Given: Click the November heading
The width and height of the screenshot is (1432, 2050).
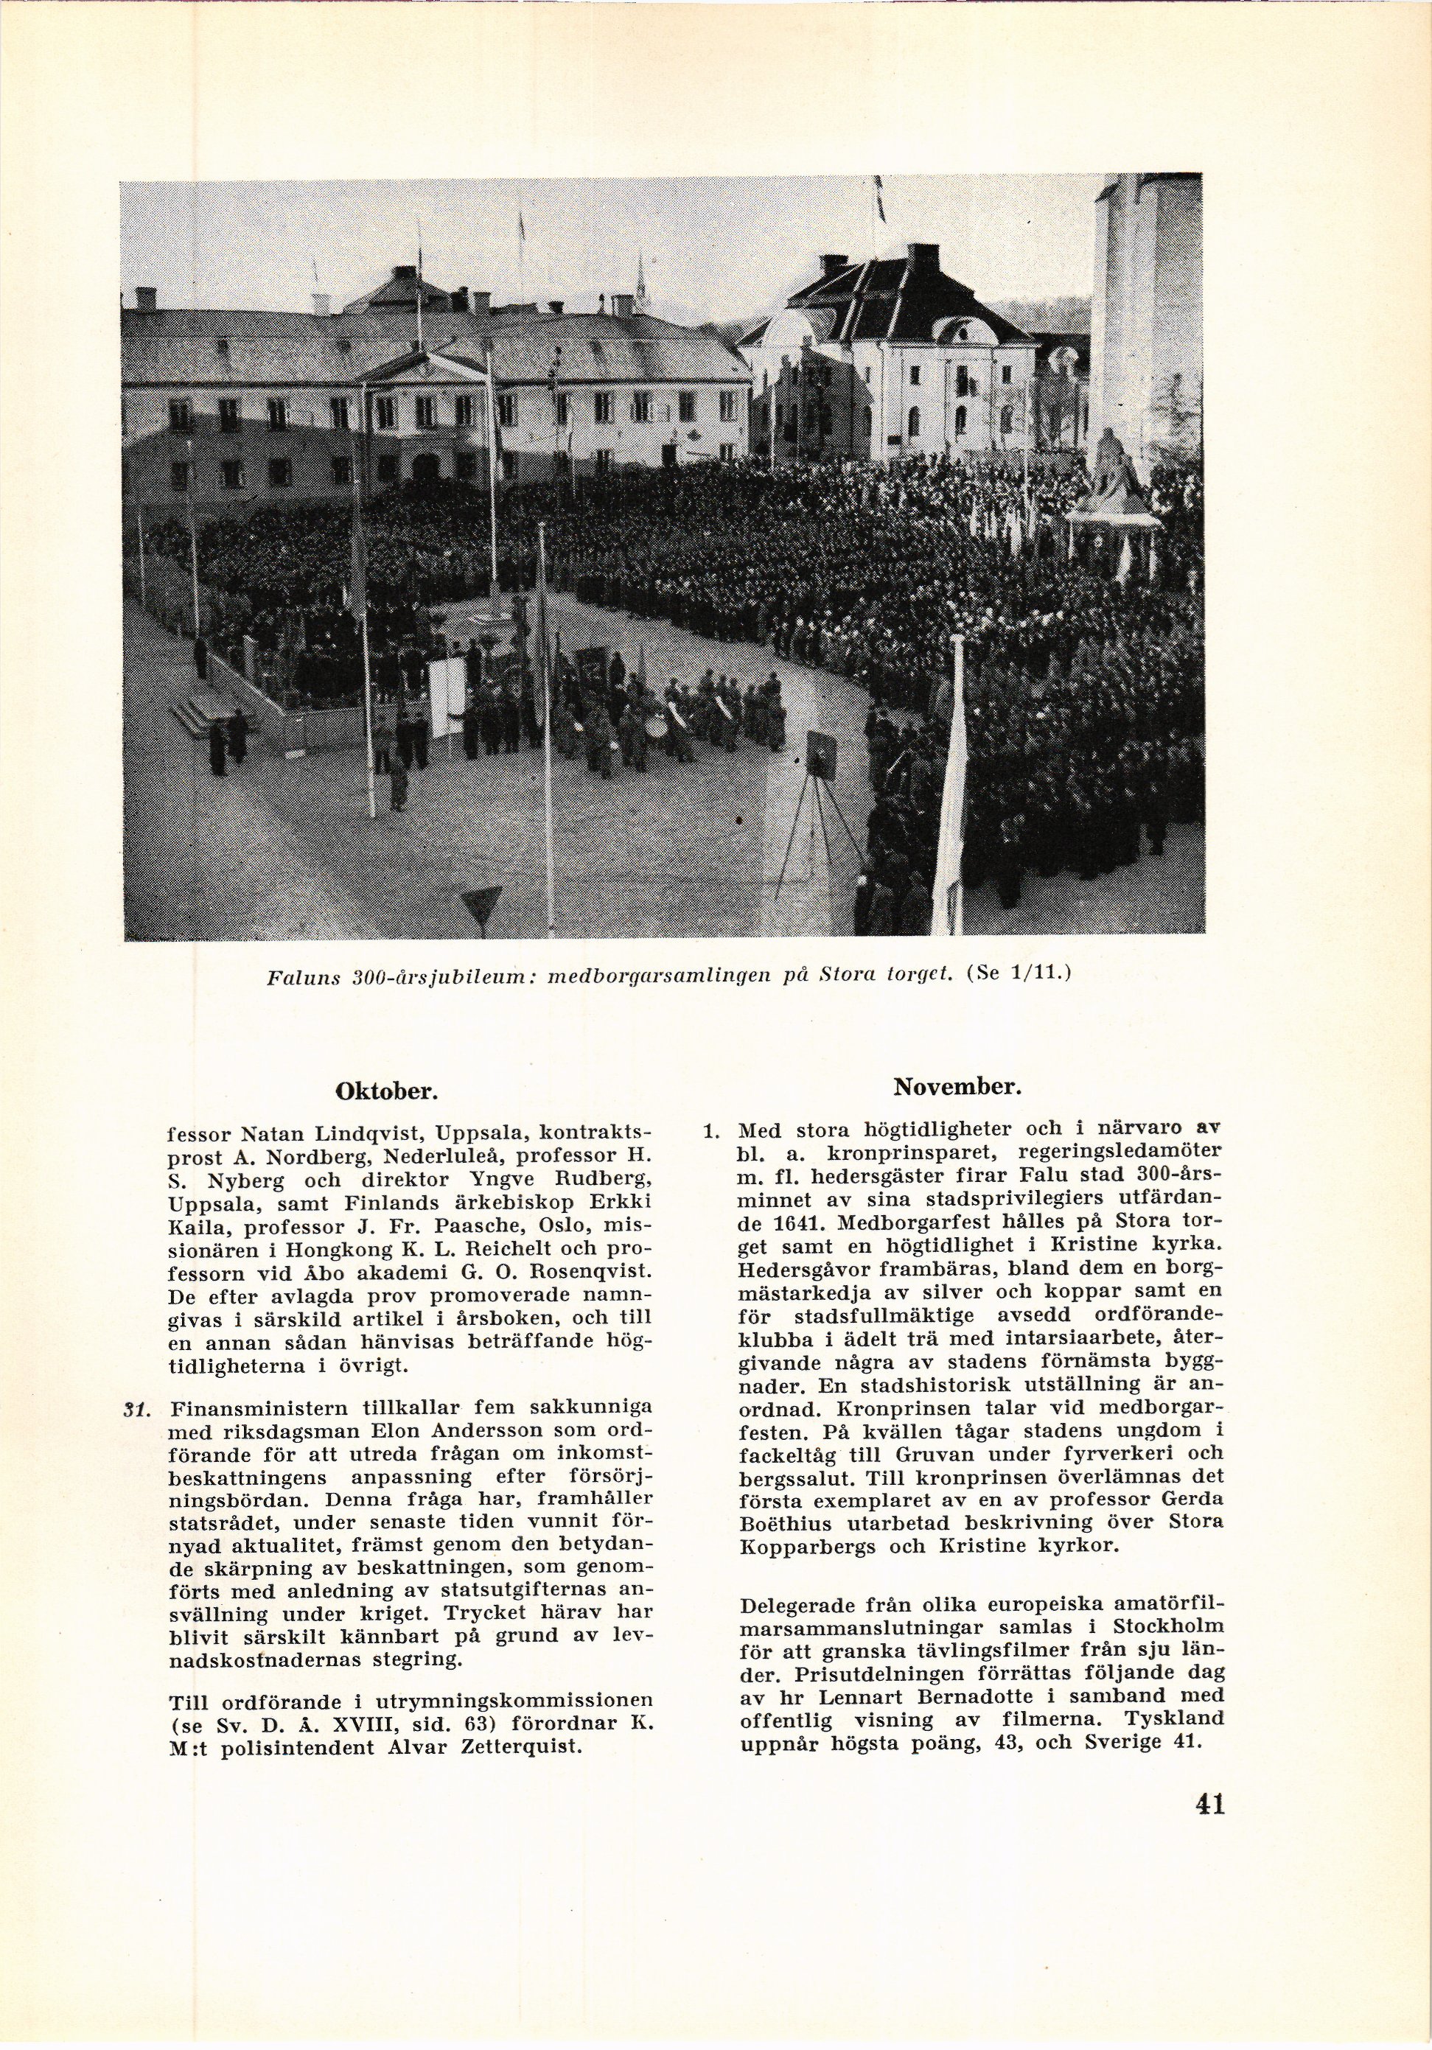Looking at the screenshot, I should tap(957, 1088).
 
